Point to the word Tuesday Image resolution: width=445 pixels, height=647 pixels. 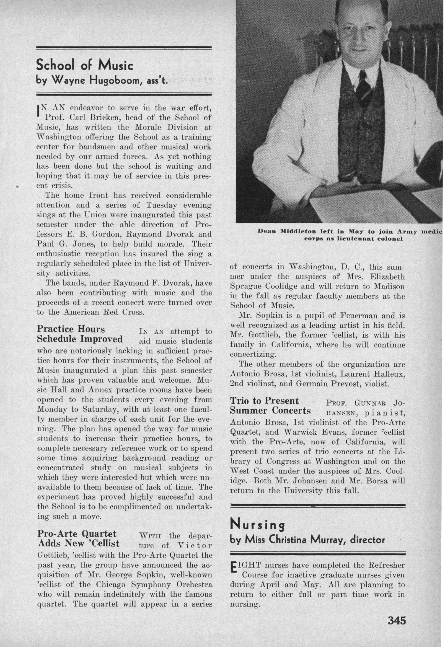coord(161,205)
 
